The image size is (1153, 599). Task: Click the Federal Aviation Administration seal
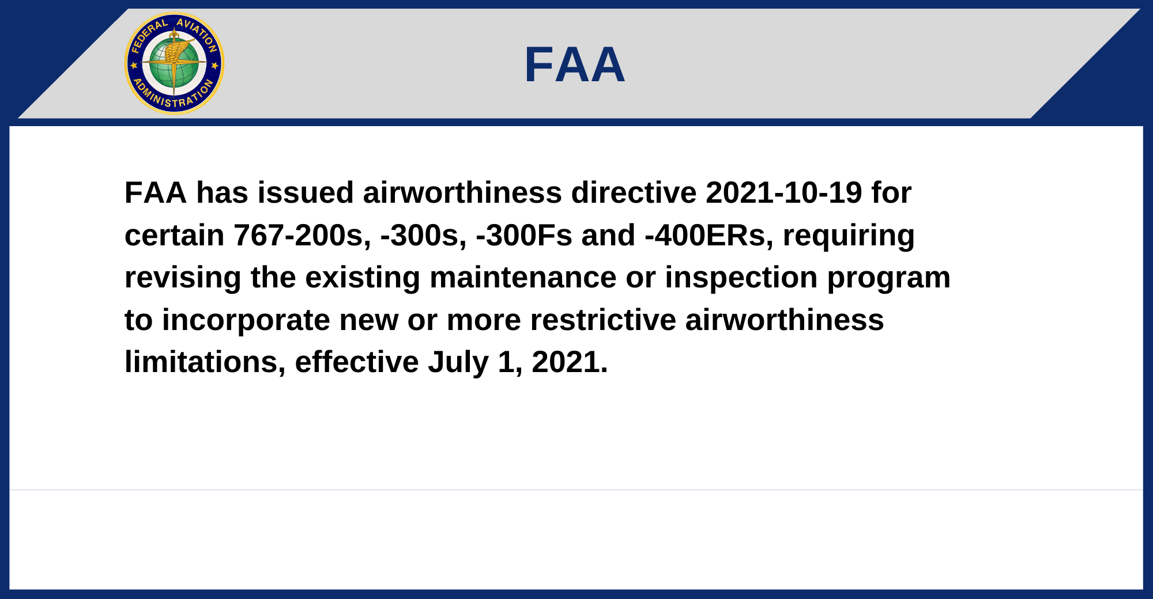click(x=174, y=63)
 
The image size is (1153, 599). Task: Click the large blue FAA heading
click(x=575, y=65)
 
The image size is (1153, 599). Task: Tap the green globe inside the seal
click(x=174, y=63)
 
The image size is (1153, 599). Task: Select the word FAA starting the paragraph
click(x=156, y=192)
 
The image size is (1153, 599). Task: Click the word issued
click(x=306, y=192)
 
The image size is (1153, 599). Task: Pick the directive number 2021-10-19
click(x=784, y=192)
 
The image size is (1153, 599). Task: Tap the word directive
click(x=634, y=192)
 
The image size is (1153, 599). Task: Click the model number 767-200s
click(x=303, y=236)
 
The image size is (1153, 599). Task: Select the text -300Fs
click(x=524, y=236)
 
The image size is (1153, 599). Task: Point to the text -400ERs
click(x=709, y=236)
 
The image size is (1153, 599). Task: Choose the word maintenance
click(x=523, y=278)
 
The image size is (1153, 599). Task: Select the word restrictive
click(x=603, y=320)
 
